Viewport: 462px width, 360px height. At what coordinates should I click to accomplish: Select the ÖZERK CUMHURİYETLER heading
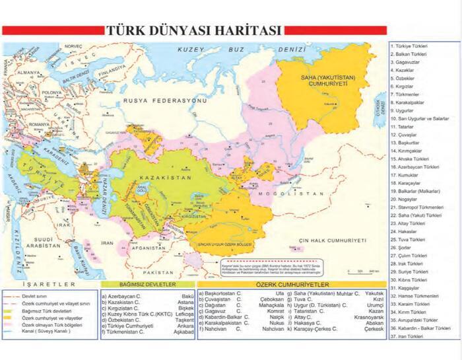tap(291, 284)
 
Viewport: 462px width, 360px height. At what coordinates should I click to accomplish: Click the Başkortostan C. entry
tap(226, 292)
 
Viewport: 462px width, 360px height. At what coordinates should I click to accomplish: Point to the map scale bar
tap(362, 271)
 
